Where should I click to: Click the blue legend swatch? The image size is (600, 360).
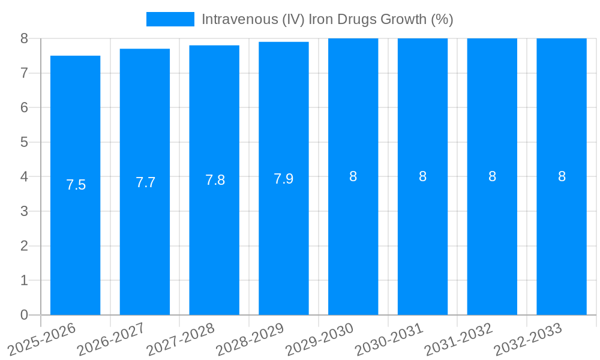(x=170, y=19)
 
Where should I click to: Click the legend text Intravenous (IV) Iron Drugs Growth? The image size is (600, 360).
(x=327, y=19)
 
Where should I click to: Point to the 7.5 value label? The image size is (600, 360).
(x=76, y=185)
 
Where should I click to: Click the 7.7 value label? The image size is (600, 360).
(x=145, y=182)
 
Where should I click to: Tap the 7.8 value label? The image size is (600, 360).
(x=215, y=180)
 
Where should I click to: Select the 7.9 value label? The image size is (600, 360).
(x=284, y=179)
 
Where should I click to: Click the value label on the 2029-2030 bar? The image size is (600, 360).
(x=353, y=176)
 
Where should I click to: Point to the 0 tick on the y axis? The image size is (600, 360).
(x=24, y=315)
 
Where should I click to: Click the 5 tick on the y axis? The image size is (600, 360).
(x=24, y=142)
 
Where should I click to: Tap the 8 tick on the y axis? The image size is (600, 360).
(x=24, y=38)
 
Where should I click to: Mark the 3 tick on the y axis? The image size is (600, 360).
(x=24, y=211)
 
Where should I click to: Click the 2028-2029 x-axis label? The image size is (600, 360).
(x=250, y=339)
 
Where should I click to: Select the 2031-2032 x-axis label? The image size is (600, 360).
(x=458, y=339)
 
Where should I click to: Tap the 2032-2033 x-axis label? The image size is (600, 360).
(x=528, y=339)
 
